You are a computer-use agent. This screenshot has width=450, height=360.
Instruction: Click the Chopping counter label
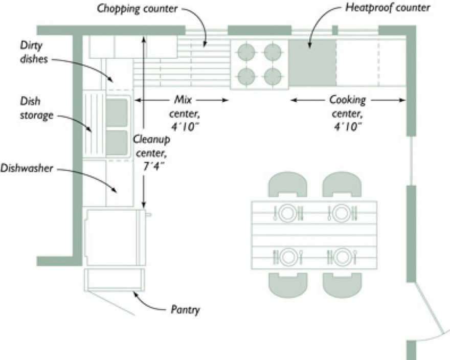coord(138,9)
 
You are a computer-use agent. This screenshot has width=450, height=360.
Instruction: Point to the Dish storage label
coord(36,108)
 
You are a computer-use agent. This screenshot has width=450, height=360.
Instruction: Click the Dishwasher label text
coord(27,168)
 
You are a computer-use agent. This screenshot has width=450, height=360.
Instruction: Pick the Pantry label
coord(186,309)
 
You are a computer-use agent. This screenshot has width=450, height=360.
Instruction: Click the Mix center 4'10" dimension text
coord(183,112)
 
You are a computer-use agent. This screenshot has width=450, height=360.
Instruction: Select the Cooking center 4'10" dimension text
coord(348,112)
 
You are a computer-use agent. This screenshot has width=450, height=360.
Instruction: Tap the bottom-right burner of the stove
coord(273,76)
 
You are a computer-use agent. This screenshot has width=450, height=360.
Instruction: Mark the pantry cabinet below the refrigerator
coord(115,279)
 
